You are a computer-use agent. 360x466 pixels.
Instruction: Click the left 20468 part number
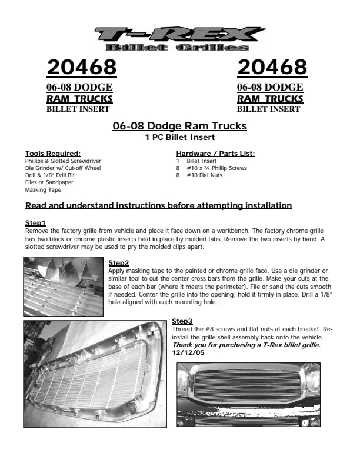tap(82, 68)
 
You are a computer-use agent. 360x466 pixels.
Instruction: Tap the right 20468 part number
tap(272, 68)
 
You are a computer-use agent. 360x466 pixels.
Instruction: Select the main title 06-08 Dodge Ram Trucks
tap(179, 127)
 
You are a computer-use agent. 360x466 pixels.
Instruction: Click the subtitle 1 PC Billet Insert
tap(179, 137)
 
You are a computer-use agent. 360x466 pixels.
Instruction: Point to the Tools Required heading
tap(53, 154)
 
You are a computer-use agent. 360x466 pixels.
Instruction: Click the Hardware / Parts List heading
tap(212, 154)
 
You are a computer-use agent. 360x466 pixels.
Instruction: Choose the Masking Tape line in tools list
tap(43, 190)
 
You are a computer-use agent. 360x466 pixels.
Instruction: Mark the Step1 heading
tap(35, 224)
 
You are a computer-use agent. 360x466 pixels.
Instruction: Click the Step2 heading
tap(119, 262)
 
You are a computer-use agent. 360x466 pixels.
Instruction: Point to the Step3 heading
tap(182, 321)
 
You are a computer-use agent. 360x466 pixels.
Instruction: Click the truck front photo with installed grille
tap(248, 394)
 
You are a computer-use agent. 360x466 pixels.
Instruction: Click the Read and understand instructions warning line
tap(158, 206)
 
